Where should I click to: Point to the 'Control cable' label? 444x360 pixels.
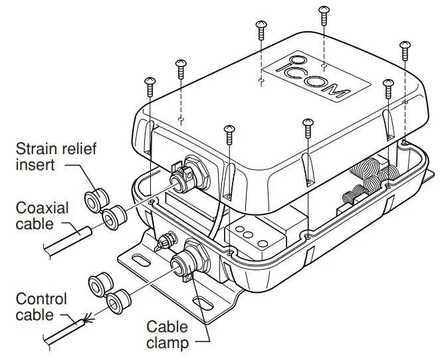(42, 306)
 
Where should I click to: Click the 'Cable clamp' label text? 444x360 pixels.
(167, 335)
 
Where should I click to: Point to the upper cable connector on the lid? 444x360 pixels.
(182, 176)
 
